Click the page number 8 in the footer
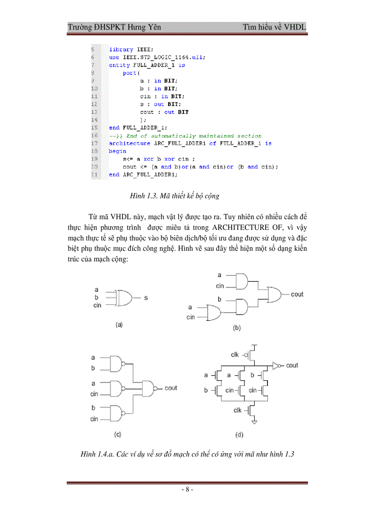[x=187, y=490]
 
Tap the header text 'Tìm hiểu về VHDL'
[x=275, y=27]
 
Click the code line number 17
[x=94, y=143]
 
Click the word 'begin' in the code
[x=117, y=151]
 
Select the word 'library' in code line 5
[x=121, y=50]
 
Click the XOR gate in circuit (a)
[x=125, y=298]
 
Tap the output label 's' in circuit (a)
[x=146, y=298]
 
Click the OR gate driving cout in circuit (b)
[x=275, y=295]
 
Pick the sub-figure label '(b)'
[x=237, y=328]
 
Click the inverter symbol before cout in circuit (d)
[x=276, y=366]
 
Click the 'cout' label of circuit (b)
[x=297, y=295]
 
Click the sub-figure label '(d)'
[x=239, y=434]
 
